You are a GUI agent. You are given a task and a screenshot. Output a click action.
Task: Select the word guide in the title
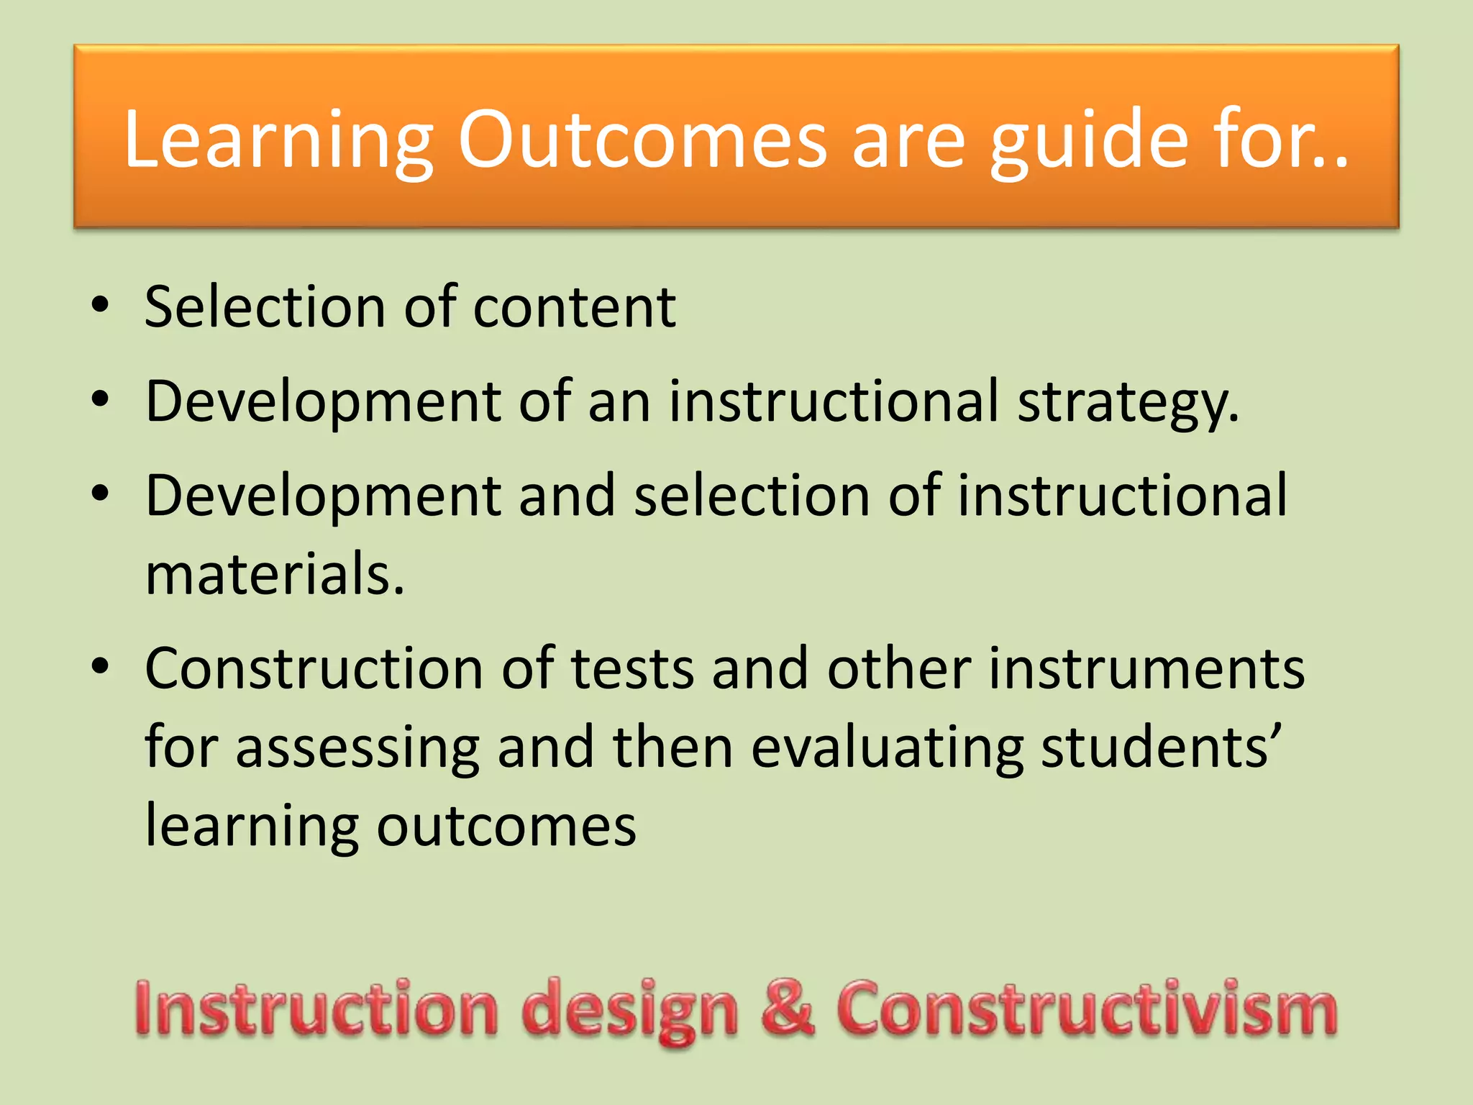(x=1089, y=140)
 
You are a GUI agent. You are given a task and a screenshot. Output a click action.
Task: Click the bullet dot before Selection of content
(x=101, y=305)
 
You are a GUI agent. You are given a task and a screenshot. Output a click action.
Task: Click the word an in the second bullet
(x=619, y=402)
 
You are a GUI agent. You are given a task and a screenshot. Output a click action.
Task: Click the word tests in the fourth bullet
(x=632, y=668)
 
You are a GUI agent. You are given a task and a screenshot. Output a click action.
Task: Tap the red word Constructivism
(x=1087, y=1009)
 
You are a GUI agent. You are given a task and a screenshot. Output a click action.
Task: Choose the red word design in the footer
(x=630, y=1010)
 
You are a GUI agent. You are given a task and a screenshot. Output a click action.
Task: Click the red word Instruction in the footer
(x=316, y=1009)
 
